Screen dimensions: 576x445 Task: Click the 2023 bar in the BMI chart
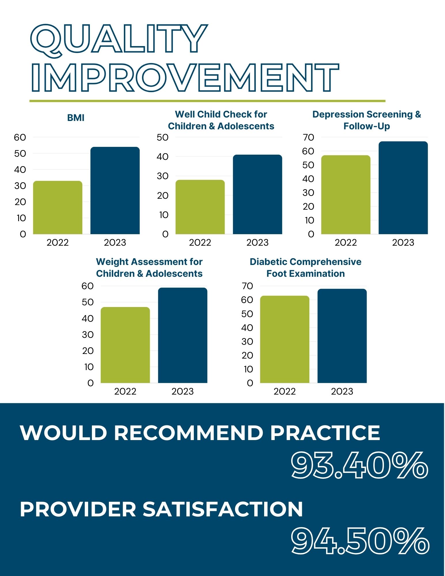coord(115,191)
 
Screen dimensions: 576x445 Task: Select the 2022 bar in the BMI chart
coord(58,207)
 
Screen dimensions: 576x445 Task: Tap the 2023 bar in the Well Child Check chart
coord(257,194)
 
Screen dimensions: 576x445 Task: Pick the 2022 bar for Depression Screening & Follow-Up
coord(346,195)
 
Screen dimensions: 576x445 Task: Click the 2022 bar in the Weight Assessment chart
coord(125,345)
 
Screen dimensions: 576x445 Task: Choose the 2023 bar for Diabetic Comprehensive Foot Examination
coord(342,336)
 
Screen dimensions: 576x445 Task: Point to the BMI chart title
coord(76,118)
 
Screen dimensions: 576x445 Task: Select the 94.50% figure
coord(360,541)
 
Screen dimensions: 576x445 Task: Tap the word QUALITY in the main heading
coord(119,39)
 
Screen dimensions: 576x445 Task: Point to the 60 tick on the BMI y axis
coord(20,137)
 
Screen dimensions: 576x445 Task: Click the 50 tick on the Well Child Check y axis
coord(162,137)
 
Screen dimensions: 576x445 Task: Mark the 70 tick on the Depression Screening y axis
coord(308,137)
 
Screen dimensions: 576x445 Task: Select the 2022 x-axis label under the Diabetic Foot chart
coord(285,391)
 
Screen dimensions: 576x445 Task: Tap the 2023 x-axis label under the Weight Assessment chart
coord(183,391)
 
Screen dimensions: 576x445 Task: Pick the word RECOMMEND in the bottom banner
coord(188,433)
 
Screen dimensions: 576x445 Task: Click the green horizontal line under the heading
coord(207,101)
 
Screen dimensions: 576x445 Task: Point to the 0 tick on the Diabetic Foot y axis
coord(250,383)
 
